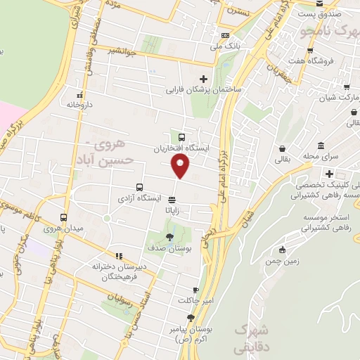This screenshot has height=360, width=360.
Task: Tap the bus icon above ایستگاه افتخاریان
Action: [x=183, y=138]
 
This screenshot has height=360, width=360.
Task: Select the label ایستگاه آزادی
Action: [x=157, y=199]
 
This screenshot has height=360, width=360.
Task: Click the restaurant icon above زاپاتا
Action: [x=172, y=199]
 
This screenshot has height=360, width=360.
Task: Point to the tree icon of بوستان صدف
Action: [x=169, y=236]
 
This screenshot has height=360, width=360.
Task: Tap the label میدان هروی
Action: [x=64, y=229]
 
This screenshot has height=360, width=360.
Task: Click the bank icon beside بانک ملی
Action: [x=224, y=35]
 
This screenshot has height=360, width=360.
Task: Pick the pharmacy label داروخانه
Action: [x=81, y=104]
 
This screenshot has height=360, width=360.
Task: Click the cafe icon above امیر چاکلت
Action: [x=195, y=290]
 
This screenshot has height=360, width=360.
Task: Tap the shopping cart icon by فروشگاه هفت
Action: [x=311, y=51]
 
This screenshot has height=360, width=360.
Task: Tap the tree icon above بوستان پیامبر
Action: [x=190, y=318]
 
